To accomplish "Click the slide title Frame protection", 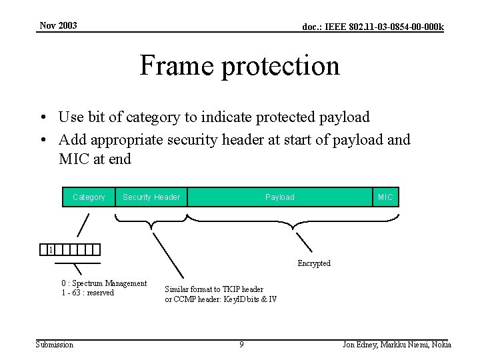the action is [x=239, y=66].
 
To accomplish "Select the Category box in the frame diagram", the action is [x=89, y=197].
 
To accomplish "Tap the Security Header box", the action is [x=151, y=197].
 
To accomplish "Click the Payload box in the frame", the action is [x=279, y=197].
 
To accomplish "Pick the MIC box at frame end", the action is [x=385, y=197].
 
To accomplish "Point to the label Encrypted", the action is [x=313, y=263].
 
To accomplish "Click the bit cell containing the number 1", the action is [x=51, y=250].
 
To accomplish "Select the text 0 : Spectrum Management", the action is [x=104, y=283].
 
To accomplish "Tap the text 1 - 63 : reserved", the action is [x=87, y=293].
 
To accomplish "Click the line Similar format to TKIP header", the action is [x=214, y=289].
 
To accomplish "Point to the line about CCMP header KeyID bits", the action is [x=221, y=299].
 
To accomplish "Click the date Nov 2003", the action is [x=58, y=26].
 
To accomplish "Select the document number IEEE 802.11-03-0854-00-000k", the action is [x=373, y=27].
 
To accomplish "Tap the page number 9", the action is [x=241, y=345].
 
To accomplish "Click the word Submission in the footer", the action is [x=55, y=345].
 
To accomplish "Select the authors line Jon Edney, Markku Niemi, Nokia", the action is [x=397, y=345].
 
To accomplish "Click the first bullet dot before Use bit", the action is [x=42, y=118].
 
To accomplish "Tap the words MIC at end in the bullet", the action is [x=95, y=159].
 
